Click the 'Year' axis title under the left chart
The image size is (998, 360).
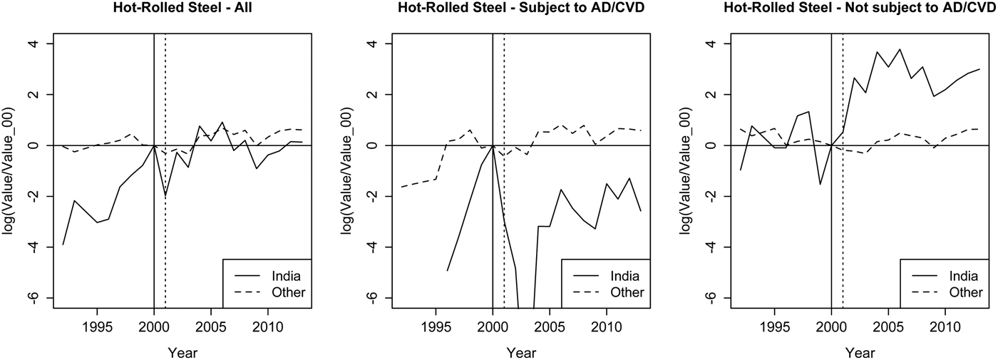pos(182,352)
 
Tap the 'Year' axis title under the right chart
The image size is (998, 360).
pos(860,352)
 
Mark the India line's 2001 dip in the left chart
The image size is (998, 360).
pos(165,196)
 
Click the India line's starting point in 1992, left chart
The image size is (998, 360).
pos(63,245)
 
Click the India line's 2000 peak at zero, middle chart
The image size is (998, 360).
pos(493,145)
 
